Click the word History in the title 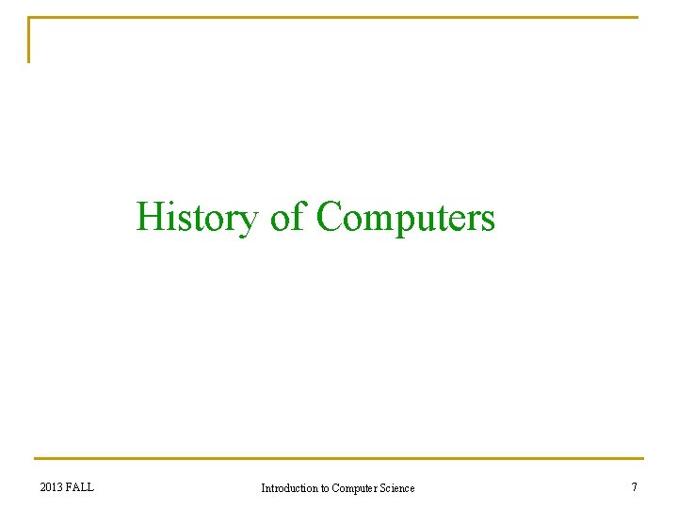click(x=196, y=218)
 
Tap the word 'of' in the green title click(x=286, y=217)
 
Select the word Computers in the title click(x=406, y=218)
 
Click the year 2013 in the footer click(x=52, y=487)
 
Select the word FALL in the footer click(x=81, y=487)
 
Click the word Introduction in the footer click(x=289, y=488)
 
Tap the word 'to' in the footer click(x=325, y=488)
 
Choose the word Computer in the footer click(x=354, y=488)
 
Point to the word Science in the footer click(x=396, y=488)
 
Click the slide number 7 click(x=634, y=487)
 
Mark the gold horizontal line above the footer click(x=339, y=459)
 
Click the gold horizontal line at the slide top click(x=339, y=17)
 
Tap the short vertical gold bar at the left click(x=29, y=41)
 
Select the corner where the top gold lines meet click(x=29, y=17)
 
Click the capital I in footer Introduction click(x=263, y=488)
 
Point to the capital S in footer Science click(x=382, y=488)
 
